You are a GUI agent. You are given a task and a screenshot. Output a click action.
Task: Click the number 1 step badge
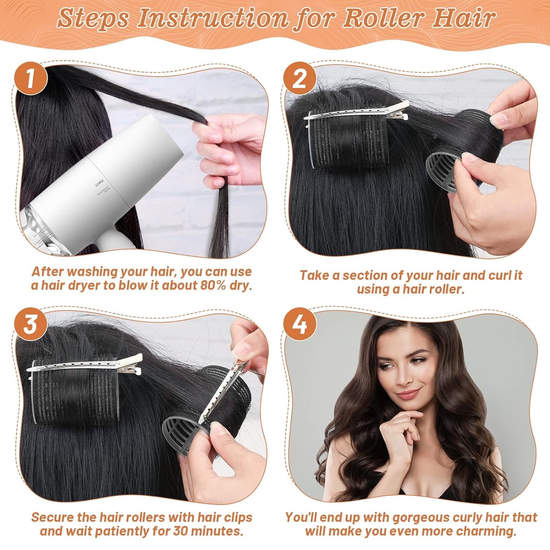coord(31,79)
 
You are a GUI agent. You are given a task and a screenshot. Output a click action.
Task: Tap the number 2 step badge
coord(300,79)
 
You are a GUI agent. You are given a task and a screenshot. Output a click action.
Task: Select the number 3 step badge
coord(31,324)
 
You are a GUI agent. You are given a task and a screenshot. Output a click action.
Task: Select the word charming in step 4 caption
coord(481,531)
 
